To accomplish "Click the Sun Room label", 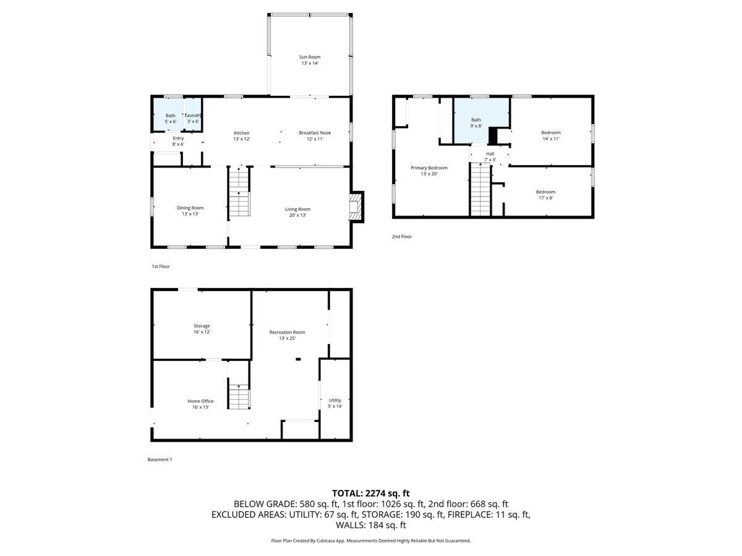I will pos(310,57).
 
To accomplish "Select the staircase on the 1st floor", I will pos(239,193).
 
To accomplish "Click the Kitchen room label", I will pos(241,133).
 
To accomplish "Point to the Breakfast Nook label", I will pos(315,133).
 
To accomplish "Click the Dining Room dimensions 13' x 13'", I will pos(189,214).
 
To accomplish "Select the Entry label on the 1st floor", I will pos(178,138).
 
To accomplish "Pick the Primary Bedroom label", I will pos(429,167).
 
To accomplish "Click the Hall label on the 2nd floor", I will pos(490,153).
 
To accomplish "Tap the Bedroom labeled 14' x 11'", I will pos(550,135).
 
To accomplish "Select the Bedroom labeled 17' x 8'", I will pos(545,195).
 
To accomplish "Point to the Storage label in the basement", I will pos(202,326).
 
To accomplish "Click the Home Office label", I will pos(200,401).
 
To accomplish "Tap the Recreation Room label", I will pos(287,332).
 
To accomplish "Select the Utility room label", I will pos(335,400).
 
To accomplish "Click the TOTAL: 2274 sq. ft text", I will pos(370,493).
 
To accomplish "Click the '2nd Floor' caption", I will pos(401,237).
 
